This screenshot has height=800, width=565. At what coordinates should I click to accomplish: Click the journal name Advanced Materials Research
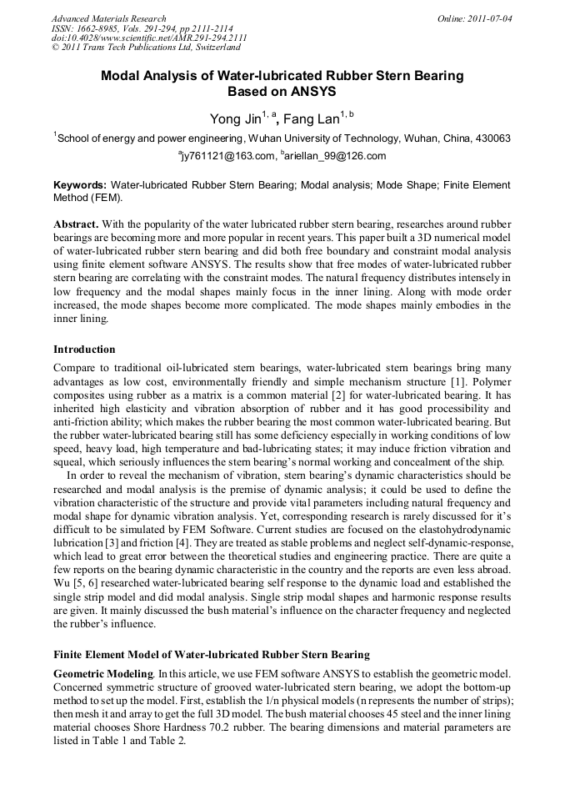[x=108, y=18]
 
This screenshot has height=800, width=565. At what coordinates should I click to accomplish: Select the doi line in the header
[x=149, y=38]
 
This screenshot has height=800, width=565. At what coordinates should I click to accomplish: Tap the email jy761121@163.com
[x=227, y=156]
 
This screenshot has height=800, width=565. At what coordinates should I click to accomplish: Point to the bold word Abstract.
[x=77, y=224]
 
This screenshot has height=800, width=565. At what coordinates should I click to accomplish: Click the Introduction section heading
[x=84, y=349]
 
